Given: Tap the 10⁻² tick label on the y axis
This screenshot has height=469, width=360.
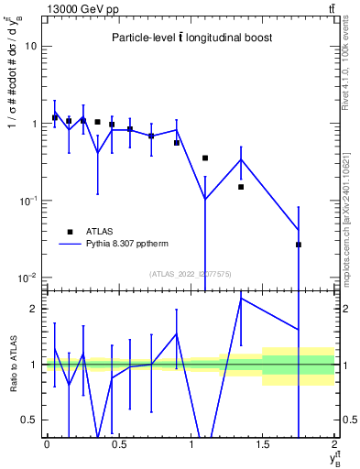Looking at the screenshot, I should [28, 277].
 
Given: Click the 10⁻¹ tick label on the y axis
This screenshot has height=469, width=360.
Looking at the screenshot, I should [28, 200].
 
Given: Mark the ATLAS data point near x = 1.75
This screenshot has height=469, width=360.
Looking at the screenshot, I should [299, 245].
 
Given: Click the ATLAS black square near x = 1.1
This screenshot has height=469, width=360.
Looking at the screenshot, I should [205, 158].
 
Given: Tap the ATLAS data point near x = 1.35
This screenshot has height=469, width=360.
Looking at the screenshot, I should [241, 187].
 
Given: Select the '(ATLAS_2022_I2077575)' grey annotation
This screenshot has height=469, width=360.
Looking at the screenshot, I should [190, 273].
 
